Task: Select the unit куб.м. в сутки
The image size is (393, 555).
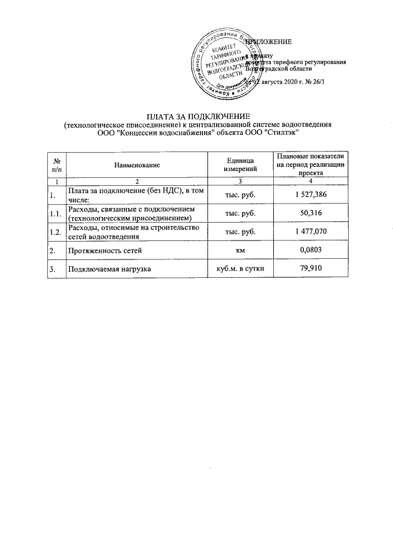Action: pyautogui.click(x=241, y=269)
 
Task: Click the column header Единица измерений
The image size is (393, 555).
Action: pyautogui.click(x=241, y=164)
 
